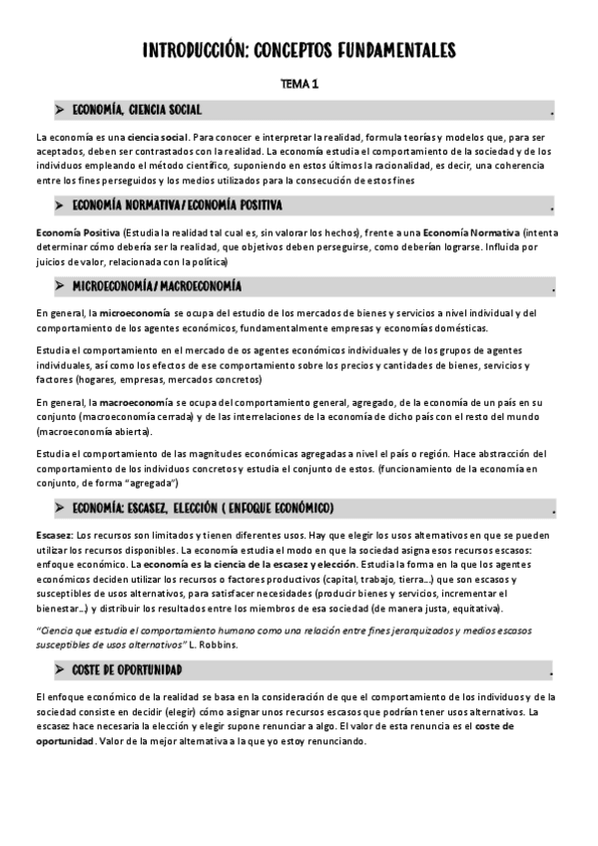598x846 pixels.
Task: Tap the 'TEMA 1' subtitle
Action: pyautogui.click(x=299, y=85)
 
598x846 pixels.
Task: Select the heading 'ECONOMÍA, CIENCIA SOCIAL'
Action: pyautogui.click(x=137, y=109)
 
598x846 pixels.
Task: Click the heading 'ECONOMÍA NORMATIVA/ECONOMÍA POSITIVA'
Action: pyautogui.click(x=178, y=206)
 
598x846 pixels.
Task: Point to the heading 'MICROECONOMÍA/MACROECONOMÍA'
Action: pyautogui.click(x=157, y=286)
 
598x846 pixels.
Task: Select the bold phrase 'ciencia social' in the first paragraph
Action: pyautogui.click(x=158, y=136)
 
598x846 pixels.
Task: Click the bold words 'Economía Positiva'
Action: pyautogui.click(x=74, y=232)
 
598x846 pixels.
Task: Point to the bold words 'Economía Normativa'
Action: pyautogui.click(x=480, y=232)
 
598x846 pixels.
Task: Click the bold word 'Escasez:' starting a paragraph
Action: pyautogui.click(x=52, y=536)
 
